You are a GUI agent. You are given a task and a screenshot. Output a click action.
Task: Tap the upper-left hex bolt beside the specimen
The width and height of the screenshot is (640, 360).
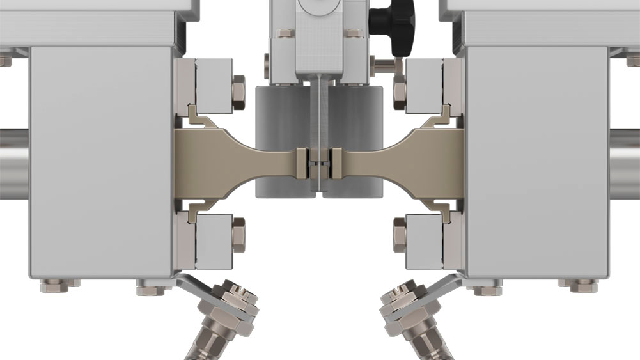point(238,91)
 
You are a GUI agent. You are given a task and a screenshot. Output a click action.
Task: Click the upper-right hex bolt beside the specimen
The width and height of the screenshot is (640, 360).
point(400,91)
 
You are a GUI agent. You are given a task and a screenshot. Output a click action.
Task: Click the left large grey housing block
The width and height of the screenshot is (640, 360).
point(100,160)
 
